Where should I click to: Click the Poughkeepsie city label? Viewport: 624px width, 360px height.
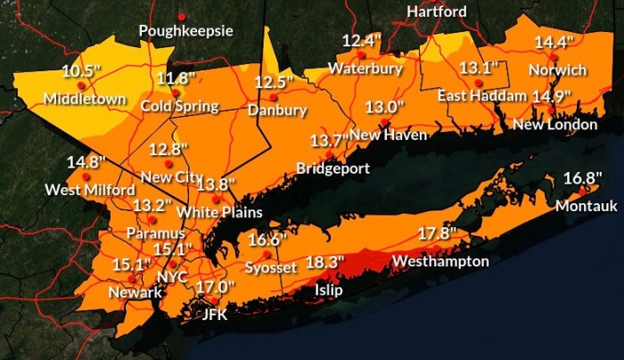(x=185, y=31)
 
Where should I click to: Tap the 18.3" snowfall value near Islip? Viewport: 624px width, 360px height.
(x=325, y=264)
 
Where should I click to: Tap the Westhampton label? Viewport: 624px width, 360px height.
(x=440, y=261)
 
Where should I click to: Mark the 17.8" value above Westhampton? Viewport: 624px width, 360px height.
(x=438, y=234)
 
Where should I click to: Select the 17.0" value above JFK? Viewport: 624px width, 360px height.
(x=215, y=287)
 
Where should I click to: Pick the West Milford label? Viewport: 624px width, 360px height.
(x=90, y=190)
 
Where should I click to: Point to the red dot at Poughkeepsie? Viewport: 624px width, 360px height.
(x=181, y=17)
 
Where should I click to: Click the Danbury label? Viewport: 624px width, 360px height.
(x=277, y=110)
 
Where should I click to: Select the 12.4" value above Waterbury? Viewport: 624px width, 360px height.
(x=362, y=41)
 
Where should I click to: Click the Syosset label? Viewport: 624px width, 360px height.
(x=268, y=267)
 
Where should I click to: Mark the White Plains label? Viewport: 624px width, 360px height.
(x=219, y=212)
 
